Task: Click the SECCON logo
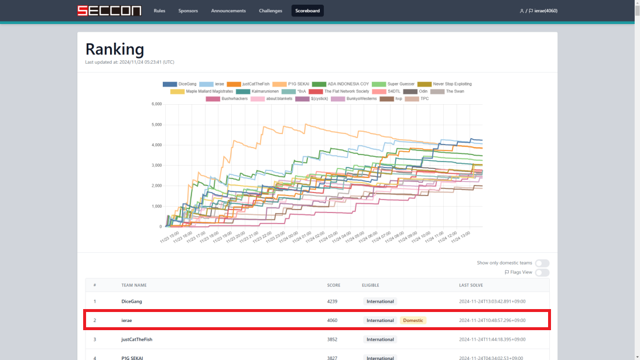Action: click(x=109, y=11)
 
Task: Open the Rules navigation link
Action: click(x=159, y=11)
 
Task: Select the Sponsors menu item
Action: click(x=188, y=11)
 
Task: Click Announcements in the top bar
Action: click(x=228, y=11)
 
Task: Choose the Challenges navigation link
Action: click(x=271, y=11)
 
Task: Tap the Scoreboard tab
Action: click(x=307, y=11)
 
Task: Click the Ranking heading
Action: click(x=115, y=49)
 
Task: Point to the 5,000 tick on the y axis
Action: click(x=156, y=125)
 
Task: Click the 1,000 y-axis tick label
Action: click(x=156, y=206)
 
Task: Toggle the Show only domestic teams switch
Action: click(x=542, y=263)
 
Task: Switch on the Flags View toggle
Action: click(x=542, y=272)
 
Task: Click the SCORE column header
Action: click(x=333, y=285)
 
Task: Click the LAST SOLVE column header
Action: click(x=472, y=285)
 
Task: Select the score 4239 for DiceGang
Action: click(x=333, y=301)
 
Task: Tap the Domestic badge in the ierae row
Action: click(x=413, y=320)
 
